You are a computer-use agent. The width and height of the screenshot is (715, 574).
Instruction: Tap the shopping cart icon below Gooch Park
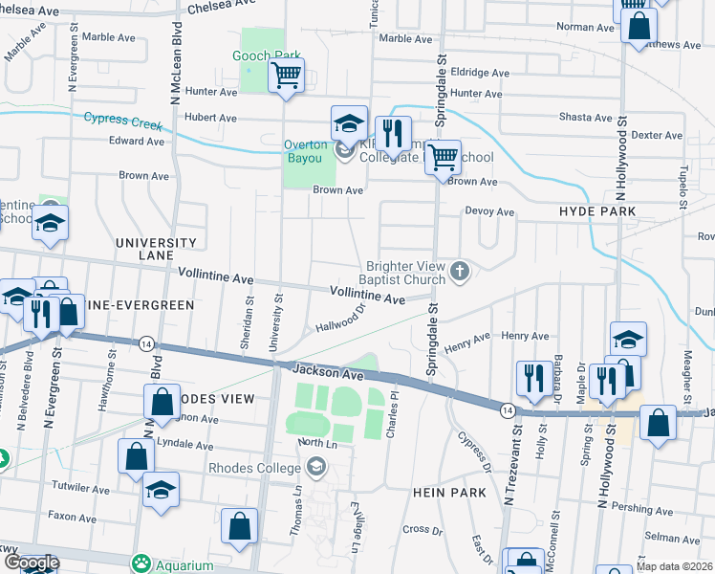(287, 76)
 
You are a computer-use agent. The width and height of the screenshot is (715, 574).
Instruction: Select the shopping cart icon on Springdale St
(442, 156)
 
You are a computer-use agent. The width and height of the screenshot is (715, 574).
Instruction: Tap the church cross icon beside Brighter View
(460, 272)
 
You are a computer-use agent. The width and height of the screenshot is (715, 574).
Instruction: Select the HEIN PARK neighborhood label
(450, 492)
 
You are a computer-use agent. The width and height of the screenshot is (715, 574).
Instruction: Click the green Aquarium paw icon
(143, 562)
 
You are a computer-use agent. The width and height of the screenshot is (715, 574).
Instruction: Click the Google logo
(31, 563)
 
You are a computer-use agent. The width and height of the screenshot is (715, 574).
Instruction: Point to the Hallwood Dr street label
(341, 320)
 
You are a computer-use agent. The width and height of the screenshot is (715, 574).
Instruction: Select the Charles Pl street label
(391, 420)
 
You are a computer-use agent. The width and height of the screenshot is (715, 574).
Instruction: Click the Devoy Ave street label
(489, 211)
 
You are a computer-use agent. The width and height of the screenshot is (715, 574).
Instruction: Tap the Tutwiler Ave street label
(78, 489)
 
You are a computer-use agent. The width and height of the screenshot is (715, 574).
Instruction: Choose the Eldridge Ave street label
(480, 73)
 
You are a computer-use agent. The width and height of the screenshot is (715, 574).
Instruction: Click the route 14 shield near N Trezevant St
(505, 409)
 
